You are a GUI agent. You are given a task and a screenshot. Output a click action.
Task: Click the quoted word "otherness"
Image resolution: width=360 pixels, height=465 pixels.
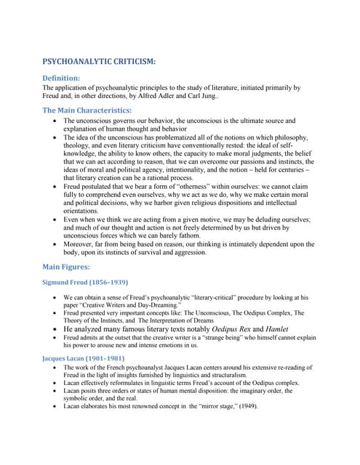coord(225,186)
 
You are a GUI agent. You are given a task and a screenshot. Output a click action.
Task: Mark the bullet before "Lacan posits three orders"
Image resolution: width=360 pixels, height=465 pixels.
coord(57,390)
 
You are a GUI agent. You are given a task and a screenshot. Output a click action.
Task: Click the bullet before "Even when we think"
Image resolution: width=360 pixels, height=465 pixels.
coord(57,219)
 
